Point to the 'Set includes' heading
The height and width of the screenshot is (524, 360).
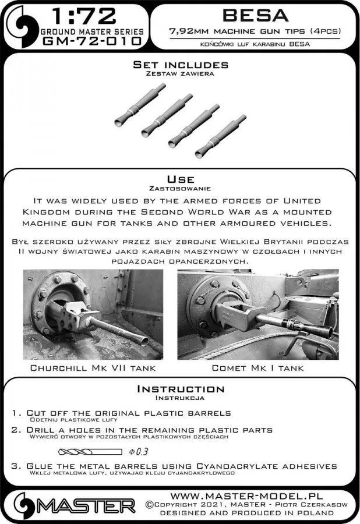pos(180,65)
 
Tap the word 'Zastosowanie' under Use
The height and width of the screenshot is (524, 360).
pos(180,189)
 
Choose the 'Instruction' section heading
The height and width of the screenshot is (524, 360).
pos(180,389)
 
